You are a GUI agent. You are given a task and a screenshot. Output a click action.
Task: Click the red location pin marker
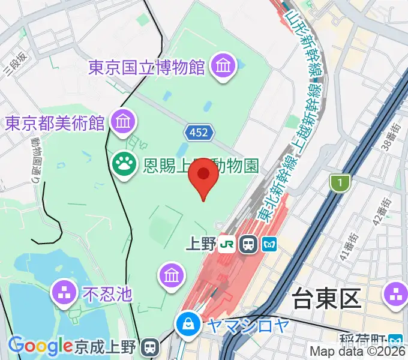(x=203, y=175)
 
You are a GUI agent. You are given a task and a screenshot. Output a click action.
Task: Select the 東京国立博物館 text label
(x=147, y=66)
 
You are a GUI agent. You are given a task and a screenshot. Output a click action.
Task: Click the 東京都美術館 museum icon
(x=123, y=122)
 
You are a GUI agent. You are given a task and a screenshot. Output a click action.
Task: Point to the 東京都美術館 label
(x=55, y=122)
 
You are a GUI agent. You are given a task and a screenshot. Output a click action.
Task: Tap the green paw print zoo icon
(x=125, y=163)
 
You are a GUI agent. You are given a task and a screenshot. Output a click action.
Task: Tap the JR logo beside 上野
(x=227, y=244)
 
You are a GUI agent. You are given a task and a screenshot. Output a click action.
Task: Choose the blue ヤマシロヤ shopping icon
(x=188, y=325)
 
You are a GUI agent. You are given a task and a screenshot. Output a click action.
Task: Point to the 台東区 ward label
(x=326, y=297)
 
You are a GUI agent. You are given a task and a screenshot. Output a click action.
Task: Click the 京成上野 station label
(x=107, y=347)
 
